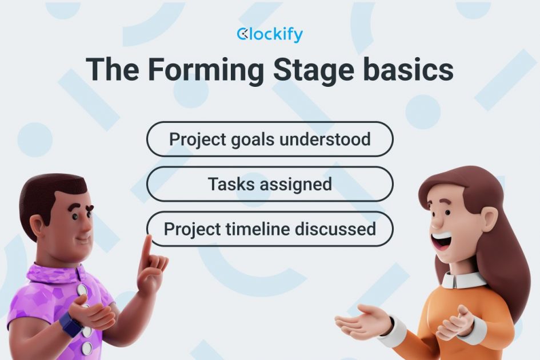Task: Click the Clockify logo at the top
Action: (270, 35)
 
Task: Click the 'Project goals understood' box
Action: (270, 139)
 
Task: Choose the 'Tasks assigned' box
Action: (270, 184)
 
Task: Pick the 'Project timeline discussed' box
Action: (270, 229)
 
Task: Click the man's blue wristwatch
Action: (71, 325)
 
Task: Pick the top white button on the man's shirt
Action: (82, 290)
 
